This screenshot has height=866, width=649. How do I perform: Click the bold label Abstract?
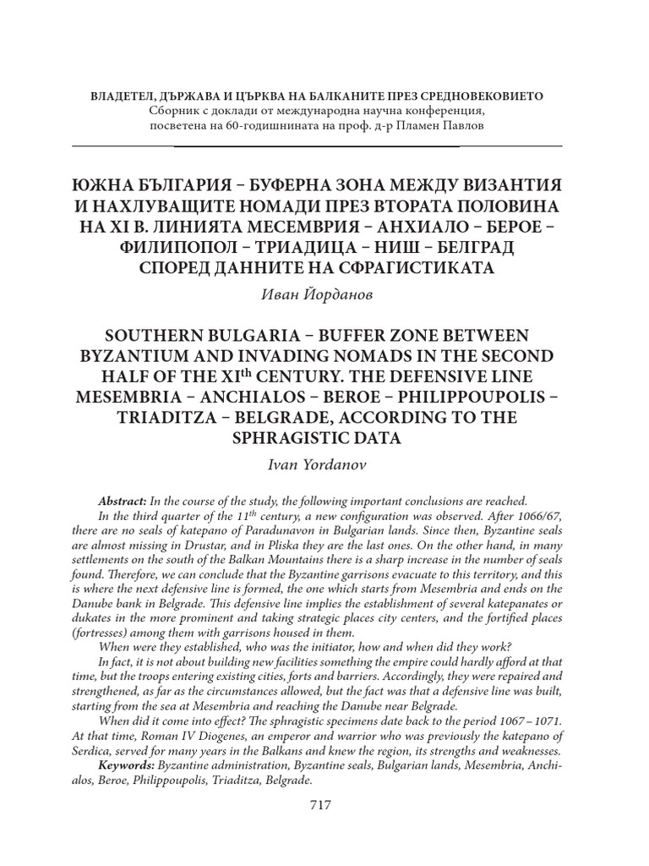tap(123, 501)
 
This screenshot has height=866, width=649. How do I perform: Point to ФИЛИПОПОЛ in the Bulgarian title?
tap(170, 248)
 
